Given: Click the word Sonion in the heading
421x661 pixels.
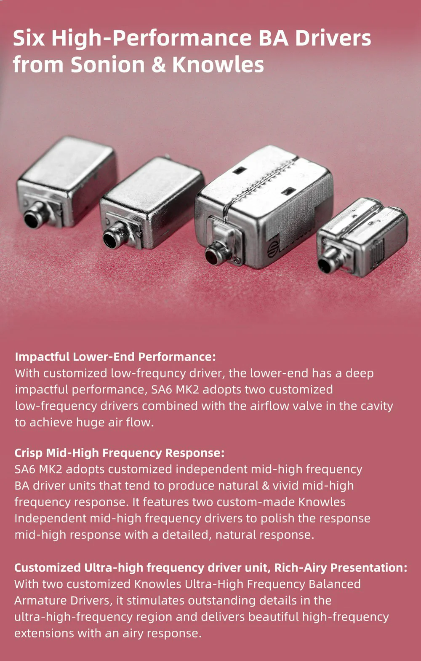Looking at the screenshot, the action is point(108,64).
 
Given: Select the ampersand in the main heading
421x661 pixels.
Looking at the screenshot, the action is point(159,65).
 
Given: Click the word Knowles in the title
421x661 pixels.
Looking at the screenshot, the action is point(218,64).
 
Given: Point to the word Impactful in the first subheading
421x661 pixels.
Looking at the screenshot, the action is point(42,357).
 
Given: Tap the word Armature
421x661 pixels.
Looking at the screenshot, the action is point(37,601).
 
